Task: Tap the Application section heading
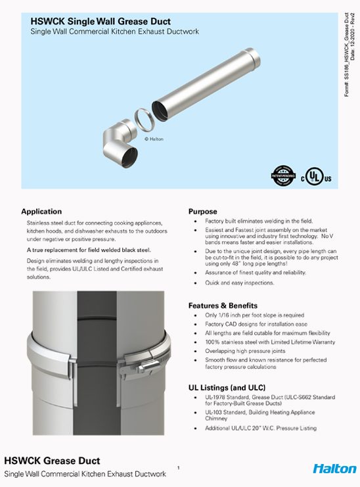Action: tap(41, 212)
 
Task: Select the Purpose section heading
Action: tap(203, 212)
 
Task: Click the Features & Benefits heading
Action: tap(223, 306)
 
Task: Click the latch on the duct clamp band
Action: tap(142, 359)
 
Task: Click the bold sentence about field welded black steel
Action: tap(89, 250)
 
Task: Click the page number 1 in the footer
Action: tap(178, 467)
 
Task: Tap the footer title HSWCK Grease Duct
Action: tap(53, 460)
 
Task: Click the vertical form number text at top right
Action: tap(349, 49)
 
